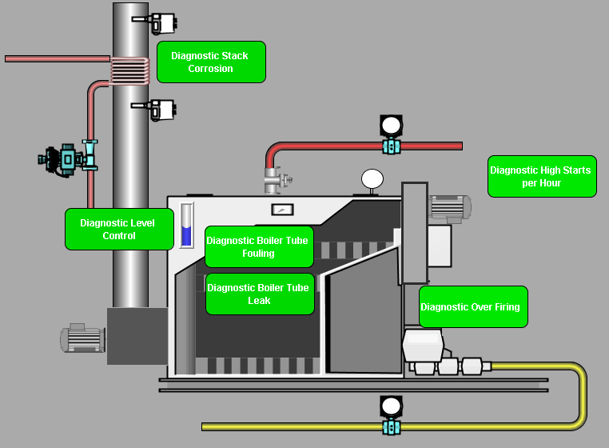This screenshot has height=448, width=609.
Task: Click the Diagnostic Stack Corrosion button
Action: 211,62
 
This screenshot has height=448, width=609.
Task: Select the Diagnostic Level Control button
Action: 119,230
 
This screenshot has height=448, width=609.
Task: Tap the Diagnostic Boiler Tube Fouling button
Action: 258,247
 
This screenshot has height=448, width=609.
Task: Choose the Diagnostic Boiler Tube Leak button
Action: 260,294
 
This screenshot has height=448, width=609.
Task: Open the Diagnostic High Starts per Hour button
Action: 541,177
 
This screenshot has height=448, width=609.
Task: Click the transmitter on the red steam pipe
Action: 391,135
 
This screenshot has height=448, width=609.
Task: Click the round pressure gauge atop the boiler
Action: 372,178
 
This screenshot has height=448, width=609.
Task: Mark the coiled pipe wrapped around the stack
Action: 129,70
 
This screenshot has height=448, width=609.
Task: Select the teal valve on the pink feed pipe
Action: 71,157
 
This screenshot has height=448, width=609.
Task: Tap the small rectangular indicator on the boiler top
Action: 282,210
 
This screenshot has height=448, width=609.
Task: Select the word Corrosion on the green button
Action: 211,69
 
